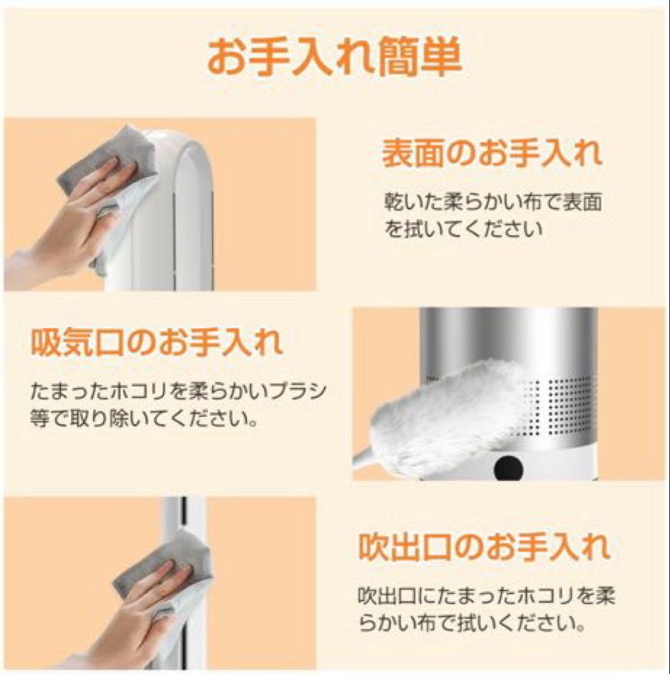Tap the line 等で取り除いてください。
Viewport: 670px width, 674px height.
(x=145, y=418)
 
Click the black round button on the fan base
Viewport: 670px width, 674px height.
(x=508, y=467)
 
